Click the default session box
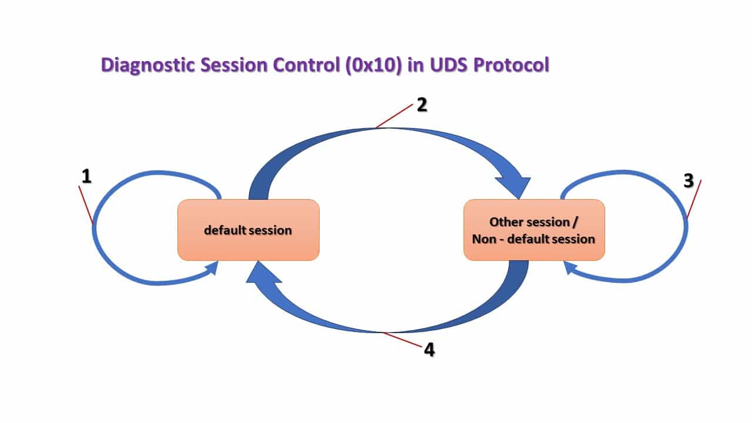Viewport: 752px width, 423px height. click(248, 230)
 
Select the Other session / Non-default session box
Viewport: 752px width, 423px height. click(533, 230)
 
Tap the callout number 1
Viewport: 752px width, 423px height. click(86, 176)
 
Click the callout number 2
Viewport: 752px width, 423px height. click(421, 105)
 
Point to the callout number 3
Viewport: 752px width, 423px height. click(689, 181)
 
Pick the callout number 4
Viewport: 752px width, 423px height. click(429, 350)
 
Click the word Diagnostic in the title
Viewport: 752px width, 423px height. click(148, 65)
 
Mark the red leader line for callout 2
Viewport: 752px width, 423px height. click(395, 116)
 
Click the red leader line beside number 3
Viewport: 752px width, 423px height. click(694, 200)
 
